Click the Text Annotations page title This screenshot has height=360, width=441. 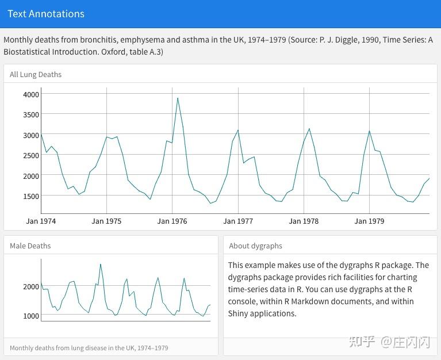point(46,14)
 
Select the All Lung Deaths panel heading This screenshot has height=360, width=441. point(36,74)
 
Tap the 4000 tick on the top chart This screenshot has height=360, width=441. point(31,94)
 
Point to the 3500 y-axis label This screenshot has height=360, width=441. point(31,114)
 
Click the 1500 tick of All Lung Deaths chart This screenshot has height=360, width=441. point(31,196)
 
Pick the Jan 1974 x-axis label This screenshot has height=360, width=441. point(41,221)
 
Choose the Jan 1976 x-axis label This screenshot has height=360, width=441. point(172,221)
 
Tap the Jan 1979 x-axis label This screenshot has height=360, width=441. point(369,221)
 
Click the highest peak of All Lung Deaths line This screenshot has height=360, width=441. point(178,98)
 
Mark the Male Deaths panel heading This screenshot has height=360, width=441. point(30,246)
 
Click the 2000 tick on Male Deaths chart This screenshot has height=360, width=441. point(31,286)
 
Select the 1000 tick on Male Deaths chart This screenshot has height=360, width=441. point(31,316)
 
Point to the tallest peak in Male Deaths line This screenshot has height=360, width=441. point(101,264)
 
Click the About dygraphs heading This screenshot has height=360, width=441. point(255,246)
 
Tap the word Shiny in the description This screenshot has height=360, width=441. point(239,313)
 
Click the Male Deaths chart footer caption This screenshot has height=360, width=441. point(89,348)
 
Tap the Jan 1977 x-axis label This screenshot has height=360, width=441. point(238,221)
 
